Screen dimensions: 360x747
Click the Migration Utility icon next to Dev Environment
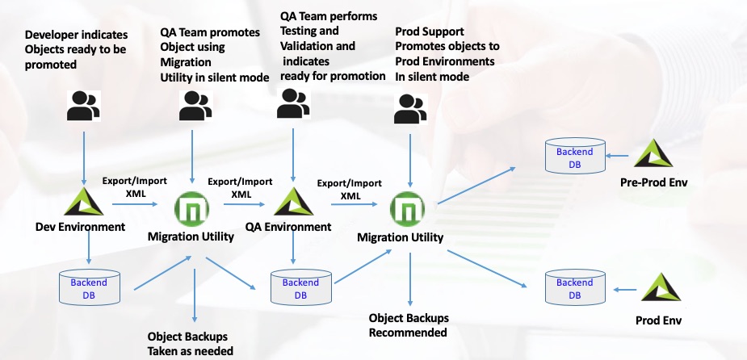point(191,211)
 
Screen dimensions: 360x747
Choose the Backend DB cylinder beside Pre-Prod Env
point(574,157)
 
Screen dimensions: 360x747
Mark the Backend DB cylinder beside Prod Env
point(574,288)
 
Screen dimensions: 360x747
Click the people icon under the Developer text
point(83,106)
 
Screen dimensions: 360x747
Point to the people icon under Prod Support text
point(409,109)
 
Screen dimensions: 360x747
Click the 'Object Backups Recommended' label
point(408,324)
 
